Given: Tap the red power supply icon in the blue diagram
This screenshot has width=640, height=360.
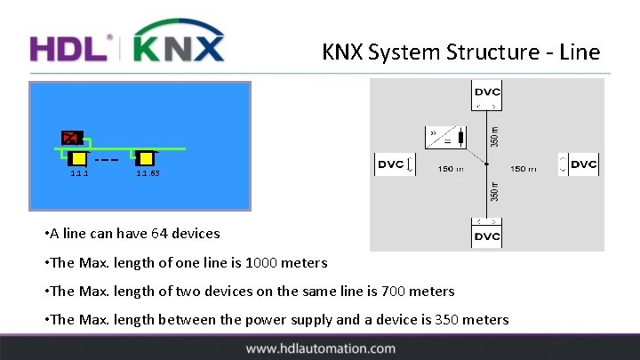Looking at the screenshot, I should point(71,138).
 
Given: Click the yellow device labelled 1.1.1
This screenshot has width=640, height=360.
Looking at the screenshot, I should point(78,158).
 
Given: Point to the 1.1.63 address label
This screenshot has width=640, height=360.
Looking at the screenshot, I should point(148,173).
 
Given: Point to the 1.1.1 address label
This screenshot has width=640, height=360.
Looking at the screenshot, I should point(79,173).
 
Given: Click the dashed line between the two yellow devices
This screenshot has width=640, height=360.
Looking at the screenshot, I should point(107,161).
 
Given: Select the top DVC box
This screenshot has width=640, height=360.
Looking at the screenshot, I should point(487,92).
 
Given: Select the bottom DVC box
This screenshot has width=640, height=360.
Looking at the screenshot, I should point(487,236).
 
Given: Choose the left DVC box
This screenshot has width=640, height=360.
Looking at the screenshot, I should point(392,164).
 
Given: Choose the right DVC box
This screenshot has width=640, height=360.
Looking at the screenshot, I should point(583,164).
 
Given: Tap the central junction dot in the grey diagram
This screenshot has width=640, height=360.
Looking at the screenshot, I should point(487,164).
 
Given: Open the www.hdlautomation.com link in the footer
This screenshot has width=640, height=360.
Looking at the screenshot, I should point(320,348).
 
